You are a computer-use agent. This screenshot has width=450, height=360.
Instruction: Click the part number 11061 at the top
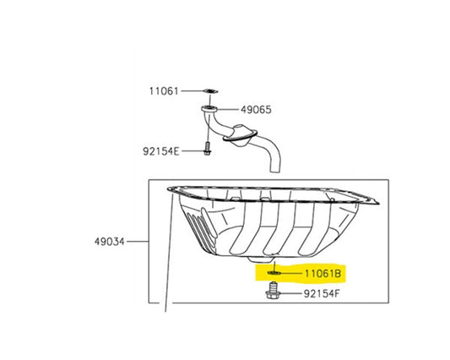[164, 91]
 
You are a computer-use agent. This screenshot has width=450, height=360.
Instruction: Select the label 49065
[256, 110]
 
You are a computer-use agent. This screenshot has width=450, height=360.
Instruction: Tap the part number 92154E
[161, 151]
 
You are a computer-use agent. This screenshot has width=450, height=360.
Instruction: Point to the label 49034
[110, 242]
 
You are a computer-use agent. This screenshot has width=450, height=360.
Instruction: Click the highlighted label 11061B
[323, 273]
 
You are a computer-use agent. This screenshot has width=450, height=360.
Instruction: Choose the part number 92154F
[322, 293]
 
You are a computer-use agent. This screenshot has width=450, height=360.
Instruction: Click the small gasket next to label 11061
[210, 91]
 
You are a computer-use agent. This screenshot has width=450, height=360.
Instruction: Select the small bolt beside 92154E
[208, 149]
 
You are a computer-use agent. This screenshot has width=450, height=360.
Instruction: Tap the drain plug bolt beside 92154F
[273, 291]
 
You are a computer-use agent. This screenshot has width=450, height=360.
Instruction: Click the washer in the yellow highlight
[274, 272]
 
